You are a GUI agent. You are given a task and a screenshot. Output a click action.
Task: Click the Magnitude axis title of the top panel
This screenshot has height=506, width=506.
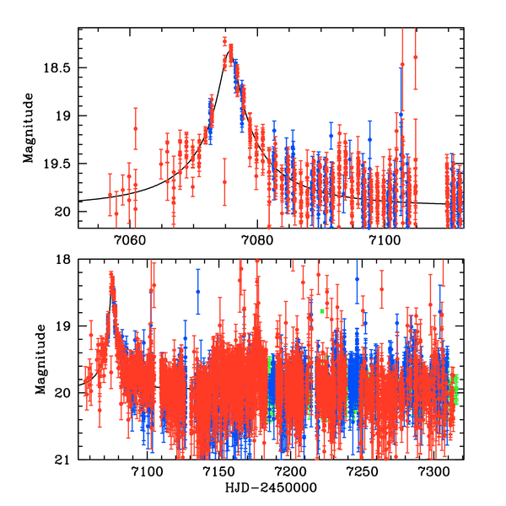tap(29, 127)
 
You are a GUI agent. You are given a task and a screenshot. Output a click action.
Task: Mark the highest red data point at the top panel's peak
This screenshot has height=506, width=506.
tap(224, 40)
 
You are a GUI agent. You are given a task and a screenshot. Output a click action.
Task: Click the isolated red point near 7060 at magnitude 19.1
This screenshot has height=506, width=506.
tap(135, 128)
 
